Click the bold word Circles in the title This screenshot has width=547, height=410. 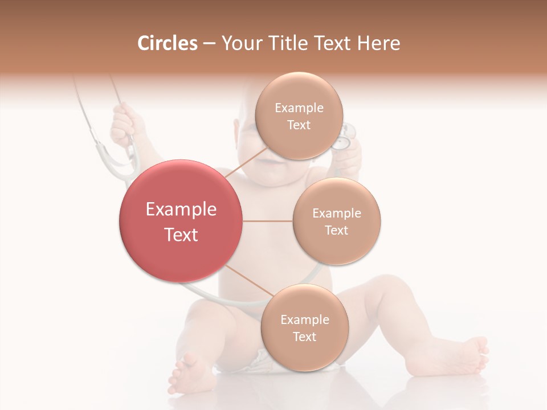[167, 43]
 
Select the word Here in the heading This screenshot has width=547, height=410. [378, 43]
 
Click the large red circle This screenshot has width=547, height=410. [181, 221]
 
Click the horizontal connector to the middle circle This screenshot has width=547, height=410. [267, 221]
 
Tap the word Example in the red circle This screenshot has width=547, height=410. [181, 210]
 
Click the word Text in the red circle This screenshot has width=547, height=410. [181, 235]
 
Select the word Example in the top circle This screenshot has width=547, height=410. [299, 108]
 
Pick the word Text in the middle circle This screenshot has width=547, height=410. [337, 231]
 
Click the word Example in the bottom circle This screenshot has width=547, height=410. [305, 320]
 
